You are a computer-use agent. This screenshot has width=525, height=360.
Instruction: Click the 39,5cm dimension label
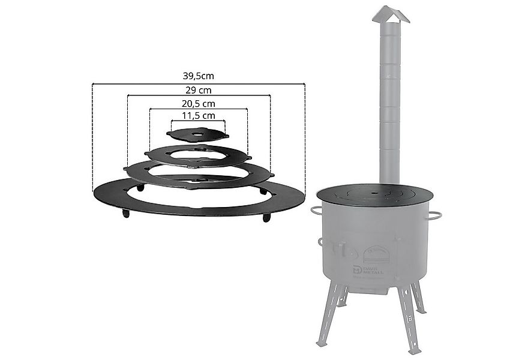198,76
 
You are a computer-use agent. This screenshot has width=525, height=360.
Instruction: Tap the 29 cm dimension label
199,90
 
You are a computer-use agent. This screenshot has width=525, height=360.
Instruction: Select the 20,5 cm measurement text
199,103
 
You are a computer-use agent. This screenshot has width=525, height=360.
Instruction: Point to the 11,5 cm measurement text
198,115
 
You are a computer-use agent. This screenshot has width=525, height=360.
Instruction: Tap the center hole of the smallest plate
197,134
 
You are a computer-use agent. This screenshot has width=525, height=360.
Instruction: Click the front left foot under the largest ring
125,214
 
